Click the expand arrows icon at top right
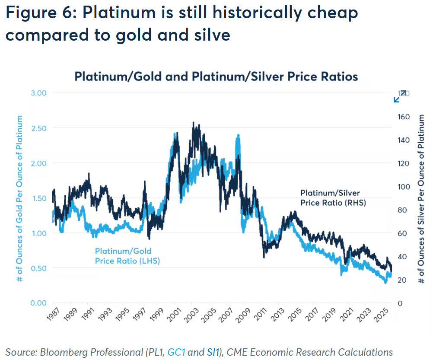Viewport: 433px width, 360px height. pos(400,96)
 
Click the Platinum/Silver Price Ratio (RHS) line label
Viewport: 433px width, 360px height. pos(333,198)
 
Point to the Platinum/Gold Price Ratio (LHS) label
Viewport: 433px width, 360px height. pos(127,256)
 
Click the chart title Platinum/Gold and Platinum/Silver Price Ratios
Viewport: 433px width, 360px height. pos(216,77)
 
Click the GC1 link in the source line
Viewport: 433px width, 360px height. pos(177,352)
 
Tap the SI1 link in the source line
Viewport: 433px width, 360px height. pos(211,352)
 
